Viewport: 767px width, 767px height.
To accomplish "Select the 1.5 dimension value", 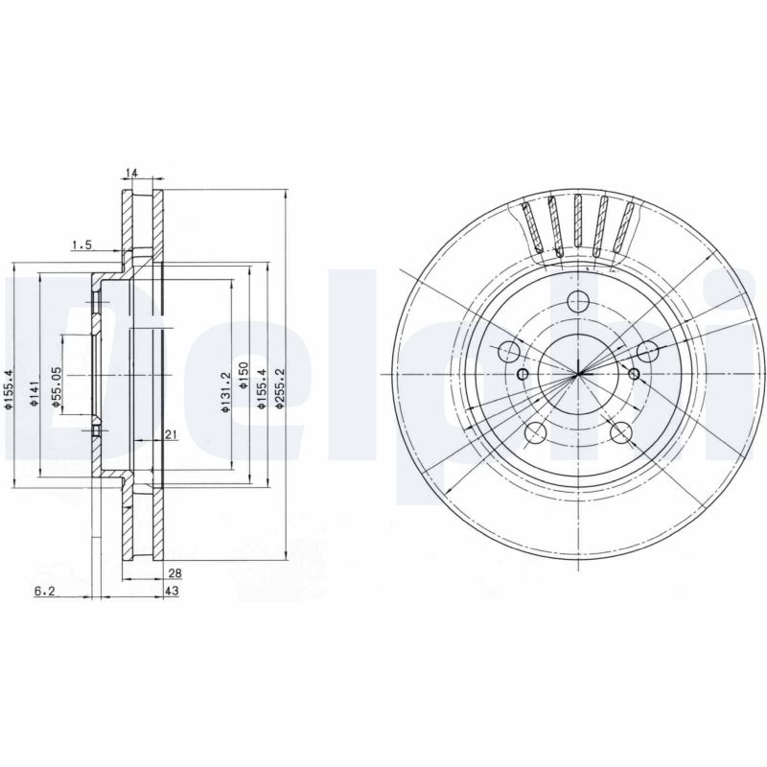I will pos(81,245).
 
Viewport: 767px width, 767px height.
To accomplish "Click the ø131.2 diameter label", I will pos(224,393).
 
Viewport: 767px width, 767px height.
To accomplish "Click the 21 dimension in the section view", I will pos(170,435).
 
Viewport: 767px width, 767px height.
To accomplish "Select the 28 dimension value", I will pos(174,573).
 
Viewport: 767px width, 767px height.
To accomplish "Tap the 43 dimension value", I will pos(174,592).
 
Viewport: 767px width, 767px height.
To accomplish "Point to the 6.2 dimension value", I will pos(44,592).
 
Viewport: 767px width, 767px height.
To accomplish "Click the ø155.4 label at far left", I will pos(8,389).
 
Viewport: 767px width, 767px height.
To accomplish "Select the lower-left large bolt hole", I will pos(536,433).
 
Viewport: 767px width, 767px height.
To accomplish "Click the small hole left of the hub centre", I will pos(523,373).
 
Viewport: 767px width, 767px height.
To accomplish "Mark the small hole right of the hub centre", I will pos(634,372).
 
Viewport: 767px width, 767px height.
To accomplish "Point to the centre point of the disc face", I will pos(579,373).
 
